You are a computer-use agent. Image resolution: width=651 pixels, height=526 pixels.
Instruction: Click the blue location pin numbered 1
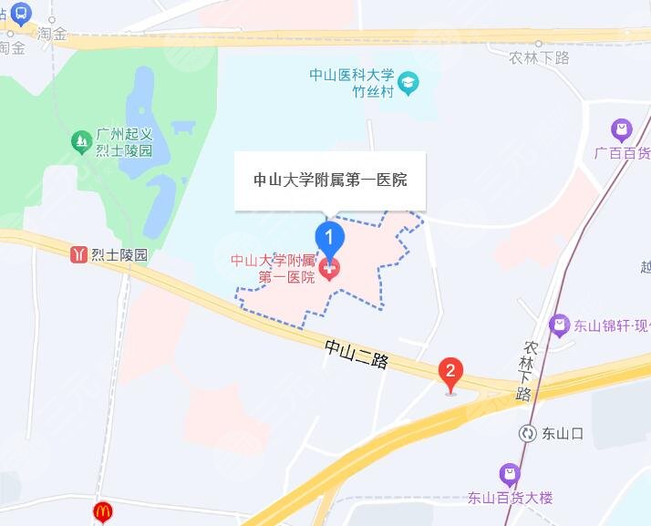329,238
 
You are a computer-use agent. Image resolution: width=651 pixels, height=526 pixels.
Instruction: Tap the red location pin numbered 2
449,372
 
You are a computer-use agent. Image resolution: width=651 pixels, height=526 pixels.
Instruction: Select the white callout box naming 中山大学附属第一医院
329,180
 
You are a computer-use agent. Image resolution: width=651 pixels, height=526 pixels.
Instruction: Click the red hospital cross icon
329,268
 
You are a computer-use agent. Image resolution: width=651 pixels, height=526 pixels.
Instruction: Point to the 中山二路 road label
356,355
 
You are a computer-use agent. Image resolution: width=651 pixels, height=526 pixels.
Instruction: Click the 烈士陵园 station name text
119,255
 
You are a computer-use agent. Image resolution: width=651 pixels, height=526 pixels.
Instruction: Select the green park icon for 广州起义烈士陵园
81,141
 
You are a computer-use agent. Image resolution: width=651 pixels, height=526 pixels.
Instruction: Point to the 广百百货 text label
622,153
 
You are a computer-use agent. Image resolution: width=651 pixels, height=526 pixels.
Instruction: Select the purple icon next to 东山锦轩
559,324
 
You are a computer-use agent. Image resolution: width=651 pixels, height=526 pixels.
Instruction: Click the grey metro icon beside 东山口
527,434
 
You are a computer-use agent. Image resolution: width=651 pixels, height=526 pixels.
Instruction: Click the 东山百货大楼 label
510,498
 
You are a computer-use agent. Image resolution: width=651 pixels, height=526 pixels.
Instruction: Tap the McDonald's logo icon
102,513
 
